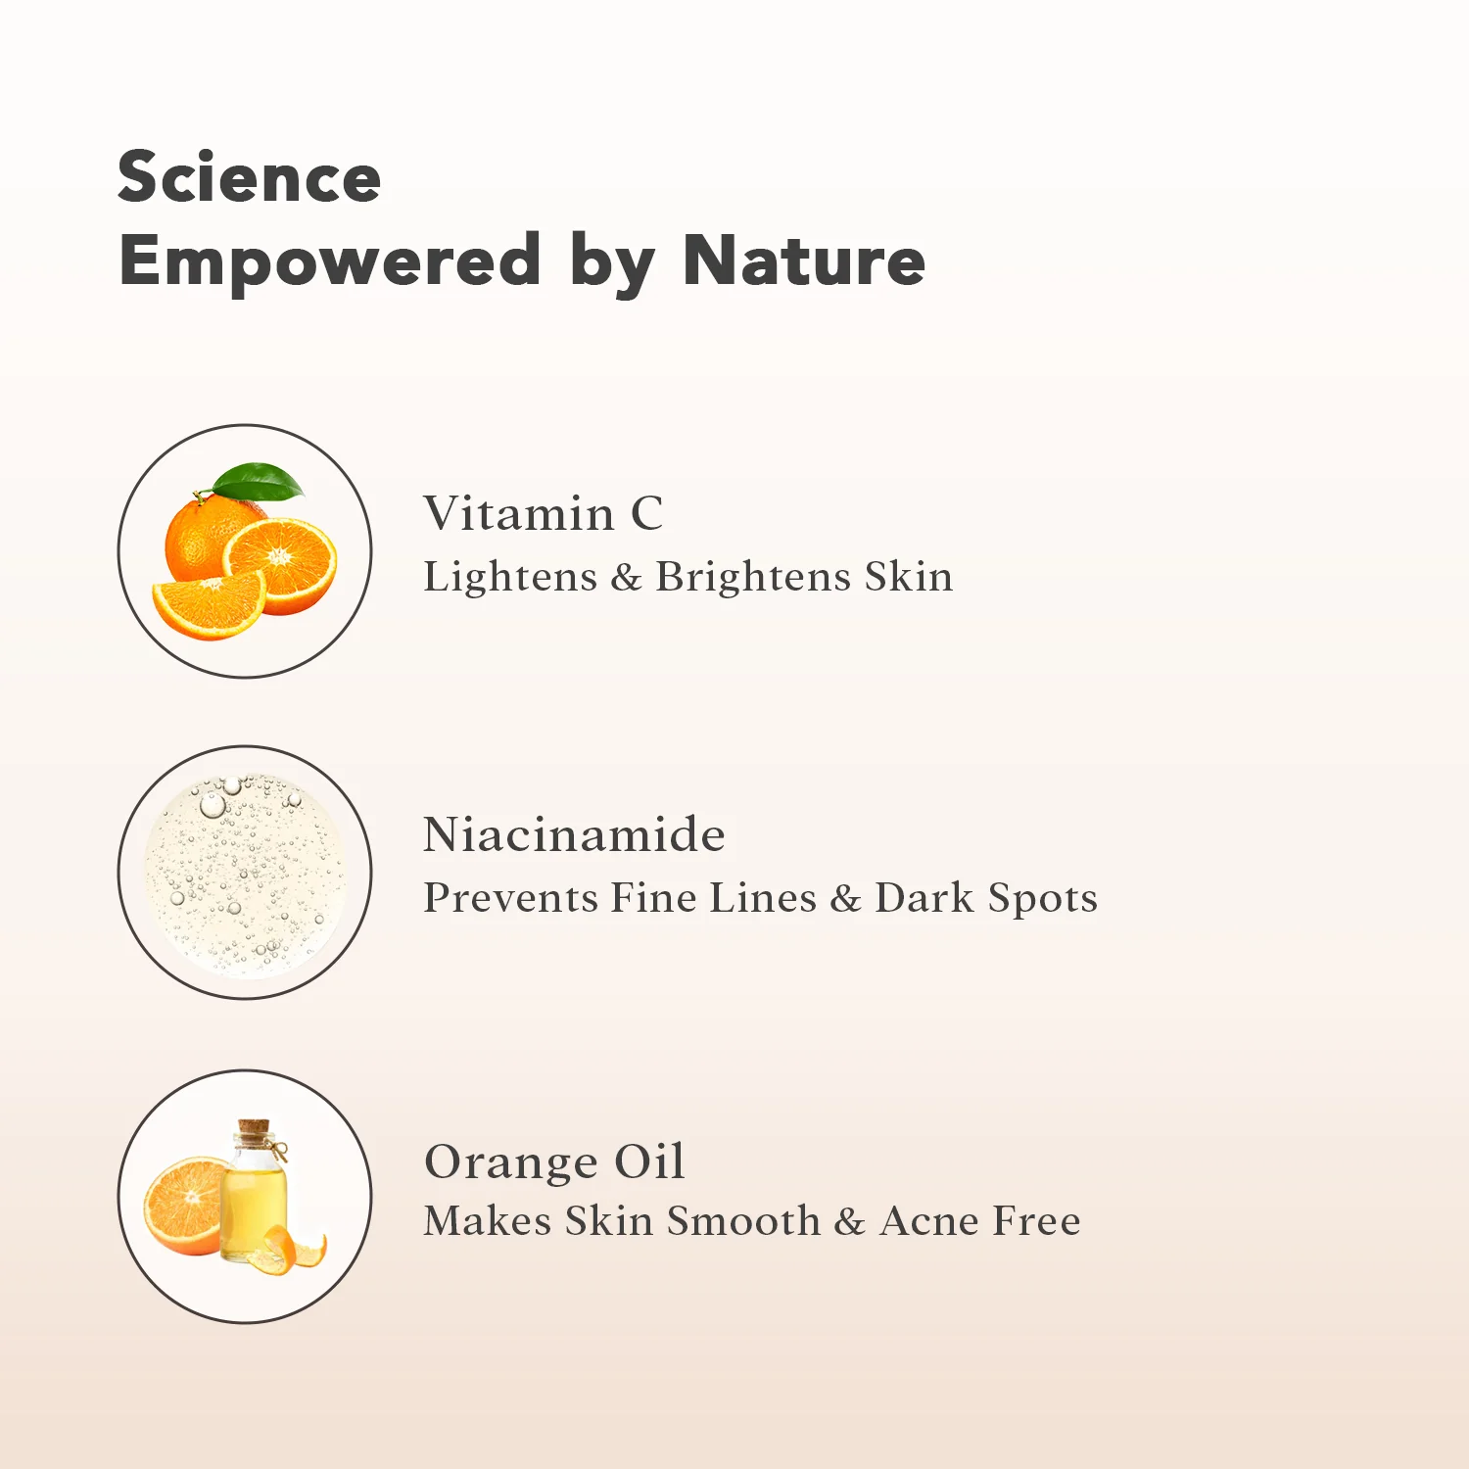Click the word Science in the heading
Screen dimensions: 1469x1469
[249, 177]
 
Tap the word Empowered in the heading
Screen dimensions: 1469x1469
[330, 262]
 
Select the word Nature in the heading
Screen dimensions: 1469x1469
[804, 261]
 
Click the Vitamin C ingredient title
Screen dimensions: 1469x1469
[544, 513]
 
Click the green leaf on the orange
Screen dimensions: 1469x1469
[259, 481]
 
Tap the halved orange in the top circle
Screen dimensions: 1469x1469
[281, 565]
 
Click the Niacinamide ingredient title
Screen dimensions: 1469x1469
[574, 834]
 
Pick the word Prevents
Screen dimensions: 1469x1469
[510, 897]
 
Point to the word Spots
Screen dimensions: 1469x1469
[1042, 899]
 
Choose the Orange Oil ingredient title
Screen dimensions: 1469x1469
[554, 1162]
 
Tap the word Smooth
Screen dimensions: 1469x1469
[743, 1220]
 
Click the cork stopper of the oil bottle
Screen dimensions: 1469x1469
[255, 1131]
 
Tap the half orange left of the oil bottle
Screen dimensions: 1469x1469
[184, 1206]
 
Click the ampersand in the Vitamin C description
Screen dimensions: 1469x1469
[626, 577]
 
